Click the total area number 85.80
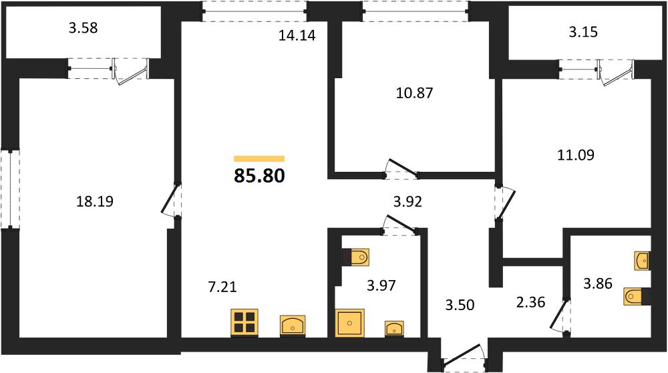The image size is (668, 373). pyautogui.click(x=259, y=175)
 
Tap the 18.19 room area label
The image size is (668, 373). pyautogui.click(x=95, y=201)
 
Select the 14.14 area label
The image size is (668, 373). pyautogui.click(x=297, y=35)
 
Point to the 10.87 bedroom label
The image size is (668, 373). pyautogui.click(x=415, y=92)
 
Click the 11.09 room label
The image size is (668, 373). pyautogui.click(x=576, y=154)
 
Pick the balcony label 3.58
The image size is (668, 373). pyautogui.click(x=83, y=27)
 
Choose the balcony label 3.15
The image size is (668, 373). pyautogui.click(x=583, y=32)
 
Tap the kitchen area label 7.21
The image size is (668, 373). pyautogui.click(x=222, y=287)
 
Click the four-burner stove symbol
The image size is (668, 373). pyautogui.click(x=244, y=323)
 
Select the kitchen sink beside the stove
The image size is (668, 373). pyautogui.click(x=293, y=326)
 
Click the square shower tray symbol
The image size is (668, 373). pyautogui.click(x=350, y=323)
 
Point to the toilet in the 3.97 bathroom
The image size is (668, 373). pyautogui.click(x=356, y=257)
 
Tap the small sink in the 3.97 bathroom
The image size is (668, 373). pyautogui.click(x=395, y=329)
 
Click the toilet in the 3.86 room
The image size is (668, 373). pyautogui.click(x=637, y=296)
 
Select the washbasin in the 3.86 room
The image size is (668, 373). pyautogui.click(x=642, y=261)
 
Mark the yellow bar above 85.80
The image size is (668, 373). pyautogui.click(x=259, y=159)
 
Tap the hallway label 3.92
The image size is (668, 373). pyautogui.click(x=407, y=202)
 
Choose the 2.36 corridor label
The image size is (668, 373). pyautogui.click(x=530, y=302)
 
